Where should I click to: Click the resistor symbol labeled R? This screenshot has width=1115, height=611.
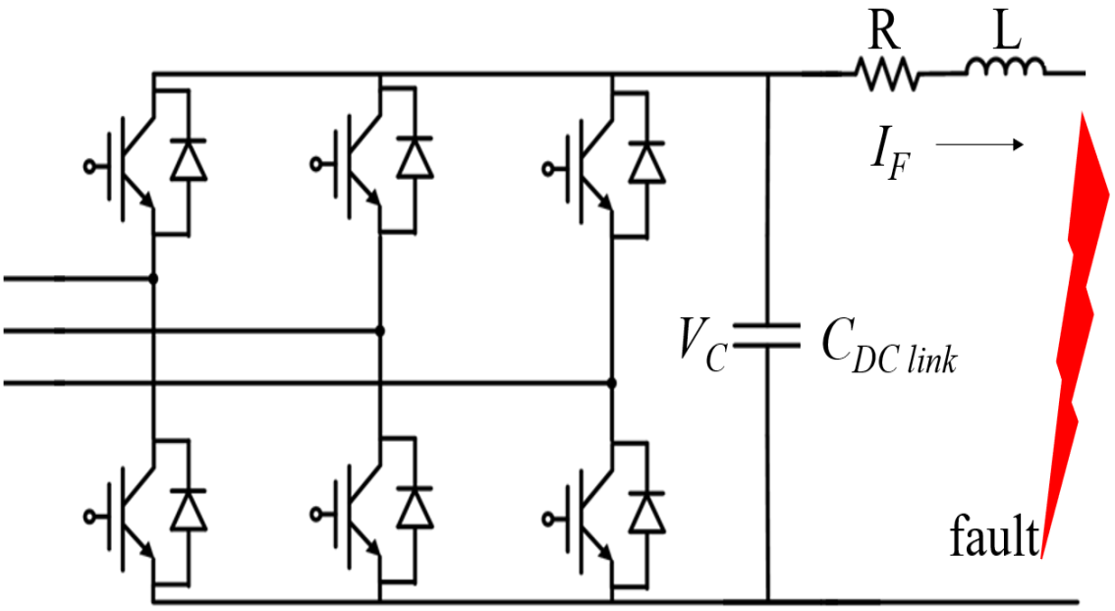885,74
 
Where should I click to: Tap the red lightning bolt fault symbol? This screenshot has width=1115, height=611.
1076,324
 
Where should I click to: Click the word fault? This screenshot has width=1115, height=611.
993,539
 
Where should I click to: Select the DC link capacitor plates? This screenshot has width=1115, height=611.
767,337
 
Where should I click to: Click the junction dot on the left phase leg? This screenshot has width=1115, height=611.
153,279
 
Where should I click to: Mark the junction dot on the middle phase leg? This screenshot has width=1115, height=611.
380,331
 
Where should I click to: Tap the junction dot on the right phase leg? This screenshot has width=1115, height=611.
611,382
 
